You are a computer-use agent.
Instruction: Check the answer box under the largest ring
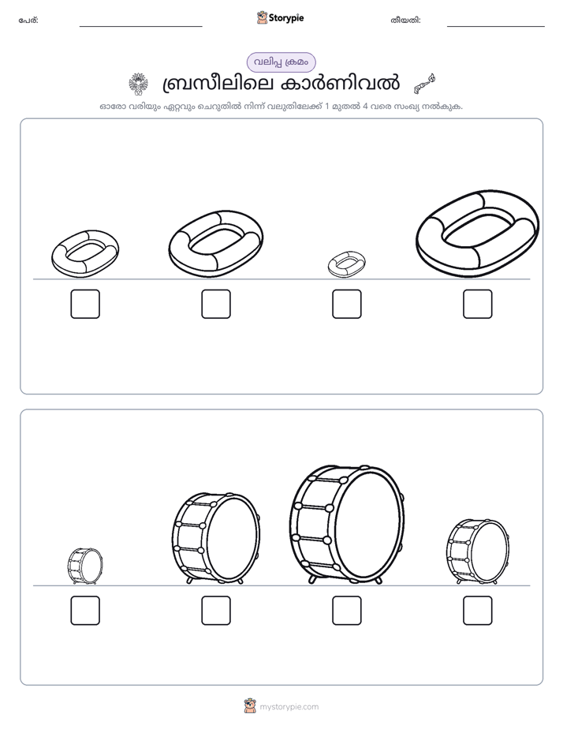coord(478,304)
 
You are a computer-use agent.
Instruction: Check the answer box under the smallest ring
coord(346,304)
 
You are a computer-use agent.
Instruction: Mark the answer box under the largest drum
coord(346,611)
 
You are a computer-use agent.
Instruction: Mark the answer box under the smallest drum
coord(85,611)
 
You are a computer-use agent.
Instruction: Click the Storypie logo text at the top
coord(286,17)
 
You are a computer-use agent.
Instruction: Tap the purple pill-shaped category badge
coord(281,62)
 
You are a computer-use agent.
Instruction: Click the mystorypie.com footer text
coord(289,707)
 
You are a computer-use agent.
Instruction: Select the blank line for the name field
coord(140,27)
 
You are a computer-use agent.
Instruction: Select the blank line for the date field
coord(496,27)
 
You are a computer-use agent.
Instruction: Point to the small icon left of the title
coord(138,84)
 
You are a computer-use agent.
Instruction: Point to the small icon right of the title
coord(424,83)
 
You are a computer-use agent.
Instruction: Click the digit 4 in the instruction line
coord(366,106)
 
